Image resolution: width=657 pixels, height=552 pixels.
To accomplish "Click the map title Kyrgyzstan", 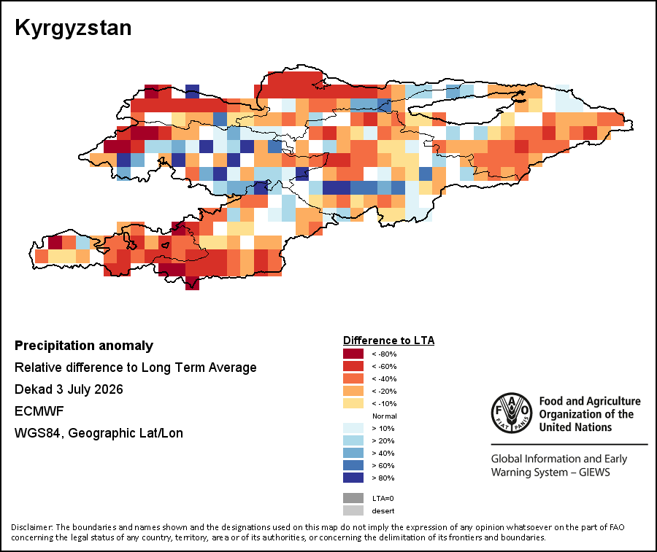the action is pos(73,28).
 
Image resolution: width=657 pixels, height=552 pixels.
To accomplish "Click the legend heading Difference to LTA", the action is pos(389,341).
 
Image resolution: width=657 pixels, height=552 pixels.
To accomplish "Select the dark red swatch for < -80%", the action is pos(353,354).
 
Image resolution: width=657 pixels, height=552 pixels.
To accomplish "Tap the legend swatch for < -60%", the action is pos(353,366).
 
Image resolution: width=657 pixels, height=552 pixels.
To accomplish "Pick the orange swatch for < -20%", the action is pos(353,391).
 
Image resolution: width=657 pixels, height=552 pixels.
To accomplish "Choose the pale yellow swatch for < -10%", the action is pos(353,403).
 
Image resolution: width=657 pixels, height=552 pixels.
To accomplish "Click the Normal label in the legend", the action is pos(385,416).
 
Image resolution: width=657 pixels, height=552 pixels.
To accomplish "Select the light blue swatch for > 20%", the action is pos(353,440).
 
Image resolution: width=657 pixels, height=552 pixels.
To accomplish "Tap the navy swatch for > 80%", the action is pos(353,478).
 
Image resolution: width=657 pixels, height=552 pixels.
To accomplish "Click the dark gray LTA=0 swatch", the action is pos(353,498).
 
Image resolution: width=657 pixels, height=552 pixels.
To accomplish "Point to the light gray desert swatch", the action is pos(353,510).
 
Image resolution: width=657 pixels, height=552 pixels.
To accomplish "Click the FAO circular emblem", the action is pos(512,413).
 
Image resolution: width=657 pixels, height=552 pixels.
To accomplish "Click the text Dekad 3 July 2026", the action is pos(69,389).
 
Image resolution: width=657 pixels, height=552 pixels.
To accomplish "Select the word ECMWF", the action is pos(39,411).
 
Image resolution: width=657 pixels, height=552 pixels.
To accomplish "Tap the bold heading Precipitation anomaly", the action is pos(84,346).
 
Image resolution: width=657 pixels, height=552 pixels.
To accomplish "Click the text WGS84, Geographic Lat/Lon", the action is pos(99,433).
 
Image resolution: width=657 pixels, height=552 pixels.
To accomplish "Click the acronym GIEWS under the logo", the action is pos(594,473).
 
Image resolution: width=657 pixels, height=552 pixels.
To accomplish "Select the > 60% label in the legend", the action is pos(383,466).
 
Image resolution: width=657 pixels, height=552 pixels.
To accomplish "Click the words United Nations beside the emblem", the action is pos(575,427).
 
